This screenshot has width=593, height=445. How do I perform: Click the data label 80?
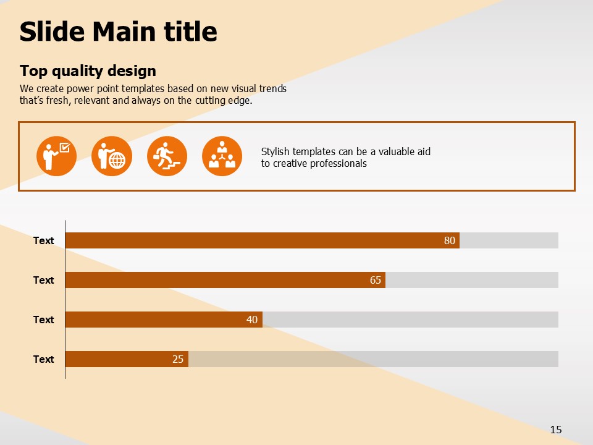point(450,240)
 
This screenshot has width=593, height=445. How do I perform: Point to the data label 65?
point(376,280)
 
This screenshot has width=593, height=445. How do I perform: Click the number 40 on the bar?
point(252,320)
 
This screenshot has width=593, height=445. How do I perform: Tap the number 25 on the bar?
point(178,359)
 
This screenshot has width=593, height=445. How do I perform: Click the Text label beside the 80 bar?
point(43,240)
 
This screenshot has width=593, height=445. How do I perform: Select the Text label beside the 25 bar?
point(43,359)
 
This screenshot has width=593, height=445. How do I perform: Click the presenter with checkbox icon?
point(56,156)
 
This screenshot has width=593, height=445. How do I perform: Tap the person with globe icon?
point(112,156)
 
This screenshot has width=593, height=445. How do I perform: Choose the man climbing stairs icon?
point(167,156)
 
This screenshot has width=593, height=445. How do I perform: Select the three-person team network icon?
point(222,156)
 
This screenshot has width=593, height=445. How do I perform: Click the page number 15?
point(556,430)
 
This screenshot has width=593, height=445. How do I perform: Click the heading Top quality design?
point(88,70)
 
